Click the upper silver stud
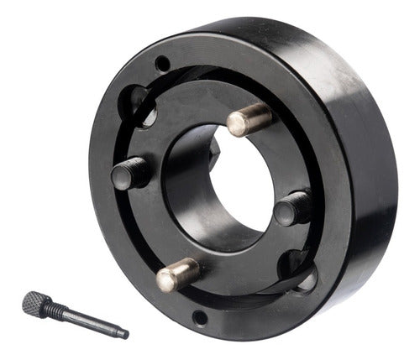click(249, 120)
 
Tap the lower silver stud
click(178, 274)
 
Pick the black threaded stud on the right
click(294, 206)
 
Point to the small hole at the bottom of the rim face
click(199, 317)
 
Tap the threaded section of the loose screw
click(58, 310)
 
